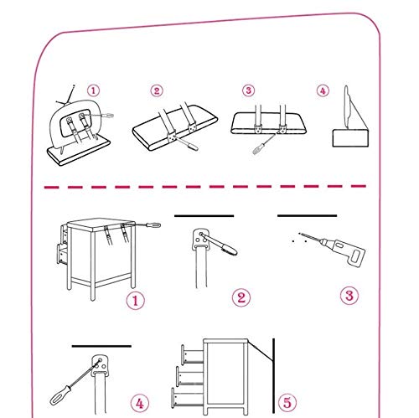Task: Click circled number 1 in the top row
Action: pos(93,90)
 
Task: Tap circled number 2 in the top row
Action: pos(157,90)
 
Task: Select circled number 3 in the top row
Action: pos(248,90)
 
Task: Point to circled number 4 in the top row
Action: pos(323,90)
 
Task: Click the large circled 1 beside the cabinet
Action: pos(136,301)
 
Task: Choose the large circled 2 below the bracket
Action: pos(241,297)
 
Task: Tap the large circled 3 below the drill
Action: pos(349,296)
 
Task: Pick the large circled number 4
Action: pos(140,403)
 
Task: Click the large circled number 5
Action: pos(287,403)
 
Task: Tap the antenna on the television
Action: pos(67,95)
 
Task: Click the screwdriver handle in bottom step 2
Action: pos(229,249)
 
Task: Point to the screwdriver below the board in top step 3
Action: pos(263,145)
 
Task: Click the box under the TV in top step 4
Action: pos(350,137)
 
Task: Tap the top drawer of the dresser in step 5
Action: pos(193,355)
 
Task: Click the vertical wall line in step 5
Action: pos(273,376)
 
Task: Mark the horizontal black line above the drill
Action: pos(307,215)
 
